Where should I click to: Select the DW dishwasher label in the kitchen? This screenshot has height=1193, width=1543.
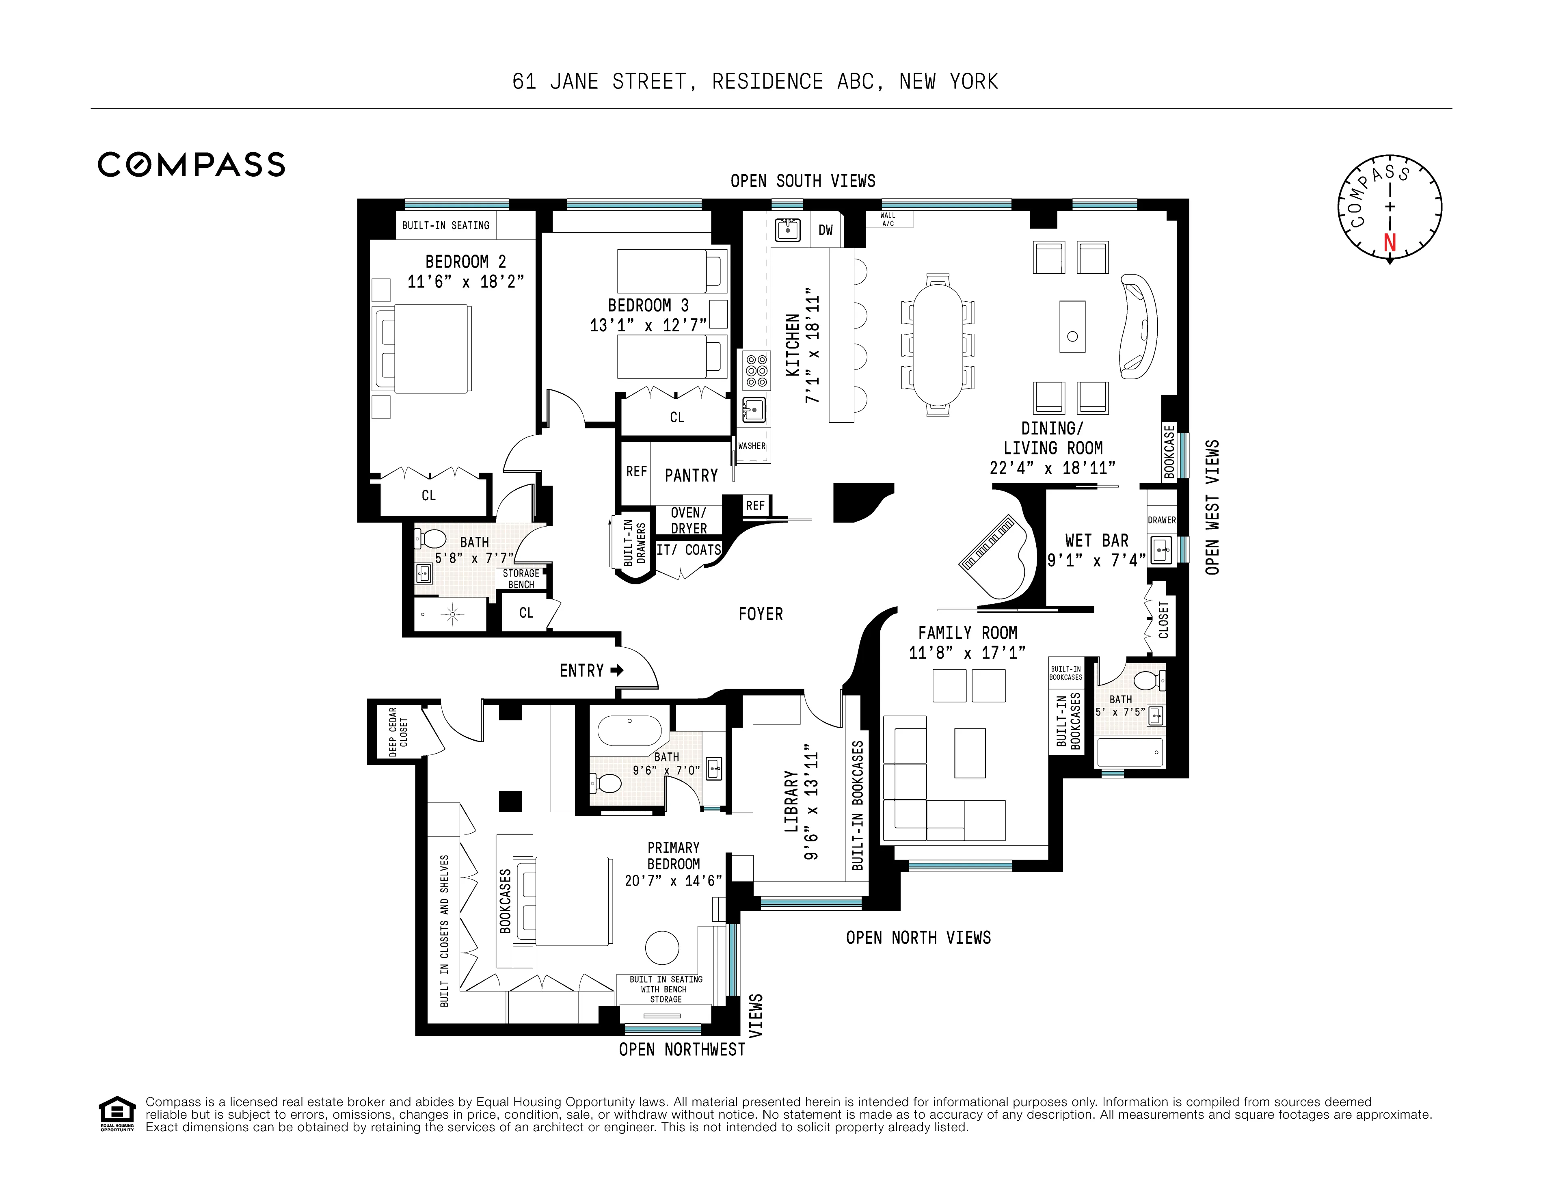[x=825, y=230]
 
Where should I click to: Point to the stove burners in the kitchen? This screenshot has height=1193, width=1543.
[x=756, y=370]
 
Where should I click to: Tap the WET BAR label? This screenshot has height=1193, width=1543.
[x=1096, y=540]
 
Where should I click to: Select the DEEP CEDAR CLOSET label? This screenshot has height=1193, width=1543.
[x=398, y=731]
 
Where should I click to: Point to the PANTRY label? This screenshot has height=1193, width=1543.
[x=691, y=475]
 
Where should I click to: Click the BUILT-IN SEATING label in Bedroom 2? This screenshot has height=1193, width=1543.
[x=446, y=225]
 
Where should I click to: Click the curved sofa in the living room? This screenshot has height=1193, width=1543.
[x=1139, y=326]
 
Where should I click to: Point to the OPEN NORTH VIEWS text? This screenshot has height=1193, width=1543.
[x=918, y=937]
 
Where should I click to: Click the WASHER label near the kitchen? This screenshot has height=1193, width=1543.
[x=751, y=446]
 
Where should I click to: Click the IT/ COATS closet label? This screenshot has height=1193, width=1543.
[x=689, y=549]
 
